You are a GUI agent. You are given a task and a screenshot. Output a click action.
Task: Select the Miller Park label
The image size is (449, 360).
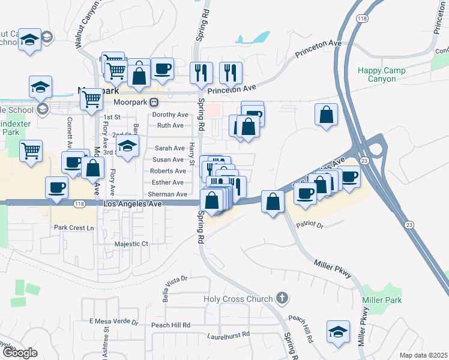pos(382,299)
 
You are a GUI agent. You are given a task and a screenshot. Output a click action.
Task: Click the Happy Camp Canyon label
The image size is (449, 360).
pos(381,74)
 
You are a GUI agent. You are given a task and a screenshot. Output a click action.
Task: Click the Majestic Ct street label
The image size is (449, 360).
pos(131,244)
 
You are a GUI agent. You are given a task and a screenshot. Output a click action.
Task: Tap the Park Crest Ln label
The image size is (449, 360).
pos(74,227)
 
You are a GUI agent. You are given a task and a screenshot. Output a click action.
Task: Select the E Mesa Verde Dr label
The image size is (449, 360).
pos(113,322)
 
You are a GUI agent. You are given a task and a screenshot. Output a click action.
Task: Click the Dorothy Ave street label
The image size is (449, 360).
pos(170,115)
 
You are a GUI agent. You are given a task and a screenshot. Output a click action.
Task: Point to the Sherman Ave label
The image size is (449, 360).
pos(167,194)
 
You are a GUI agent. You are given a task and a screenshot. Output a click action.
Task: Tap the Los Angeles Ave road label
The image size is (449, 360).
pos(133,204)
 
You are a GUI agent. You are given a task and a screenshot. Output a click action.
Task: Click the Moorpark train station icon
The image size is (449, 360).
pos(154,103)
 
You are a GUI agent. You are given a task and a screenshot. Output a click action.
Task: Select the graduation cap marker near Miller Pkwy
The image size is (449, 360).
pos(338,331)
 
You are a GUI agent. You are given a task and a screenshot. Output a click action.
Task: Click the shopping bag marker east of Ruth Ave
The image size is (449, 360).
pos(247,127)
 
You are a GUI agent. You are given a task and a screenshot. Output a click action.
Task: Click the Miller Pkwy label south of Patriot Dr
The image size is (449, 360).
pos(332,269)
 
